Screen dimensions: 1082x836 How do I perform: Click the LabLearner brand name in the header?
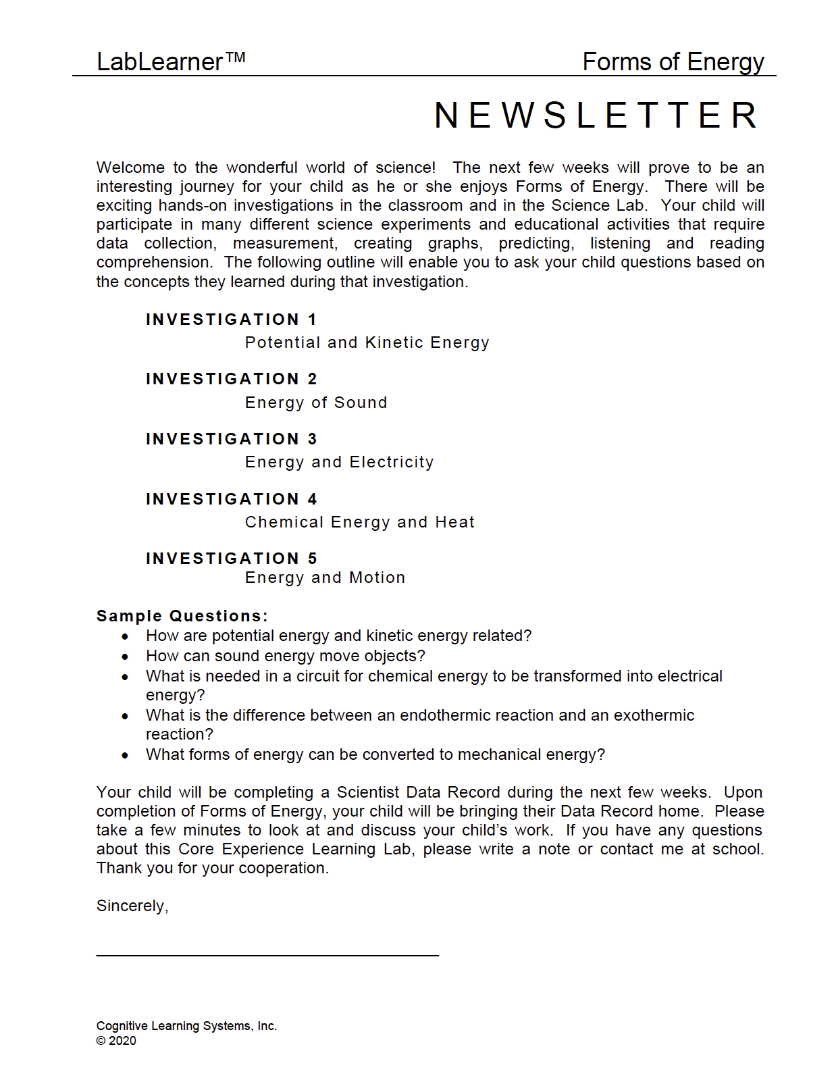point(170,61)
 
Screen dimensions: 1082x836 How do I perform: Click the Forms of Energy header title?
point(673,61)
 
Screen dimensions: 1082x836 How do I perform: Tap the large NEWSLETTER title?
point(596,115)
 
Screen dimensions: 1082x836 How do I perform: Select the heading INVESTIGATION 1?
point(231,319)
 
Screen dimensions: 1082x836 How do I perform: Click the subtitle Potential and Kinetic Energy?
point(367,342)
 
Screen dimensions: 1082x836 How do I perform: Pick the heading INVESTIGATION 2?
point(231,379)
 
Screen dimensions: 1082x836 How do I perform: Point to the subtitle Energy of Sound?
point(316,403)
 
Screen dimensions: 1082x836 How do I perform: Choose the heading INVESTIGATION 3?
point(231,439)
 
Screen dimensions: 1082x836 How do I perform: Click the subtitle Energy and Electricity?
point(339,462)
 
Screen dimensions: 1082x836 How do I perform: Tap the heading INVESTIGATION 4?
point(231,499)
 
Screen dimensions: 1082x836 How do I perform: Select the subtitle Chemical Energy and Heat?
point(360,522)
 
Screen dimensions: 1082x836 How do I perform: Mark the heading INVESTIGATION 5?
point(231,559)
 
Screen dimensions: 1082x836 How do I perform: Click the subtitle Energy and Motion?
point(325,577)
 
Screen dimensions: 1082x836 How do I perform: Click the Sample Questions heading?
point(182,616)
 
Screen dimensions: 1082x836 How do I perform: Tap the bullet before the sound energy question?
point(125,656)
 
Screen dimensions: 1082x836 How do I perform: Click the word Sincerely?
point(132,906)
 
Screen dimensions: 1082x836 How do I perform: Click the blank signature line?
point(267,954)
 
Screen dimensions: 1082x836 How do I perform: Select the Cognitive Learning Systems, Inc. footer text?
point(186,1026)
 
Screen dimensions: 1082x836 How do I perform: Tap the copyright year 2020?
point(122,1041)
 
